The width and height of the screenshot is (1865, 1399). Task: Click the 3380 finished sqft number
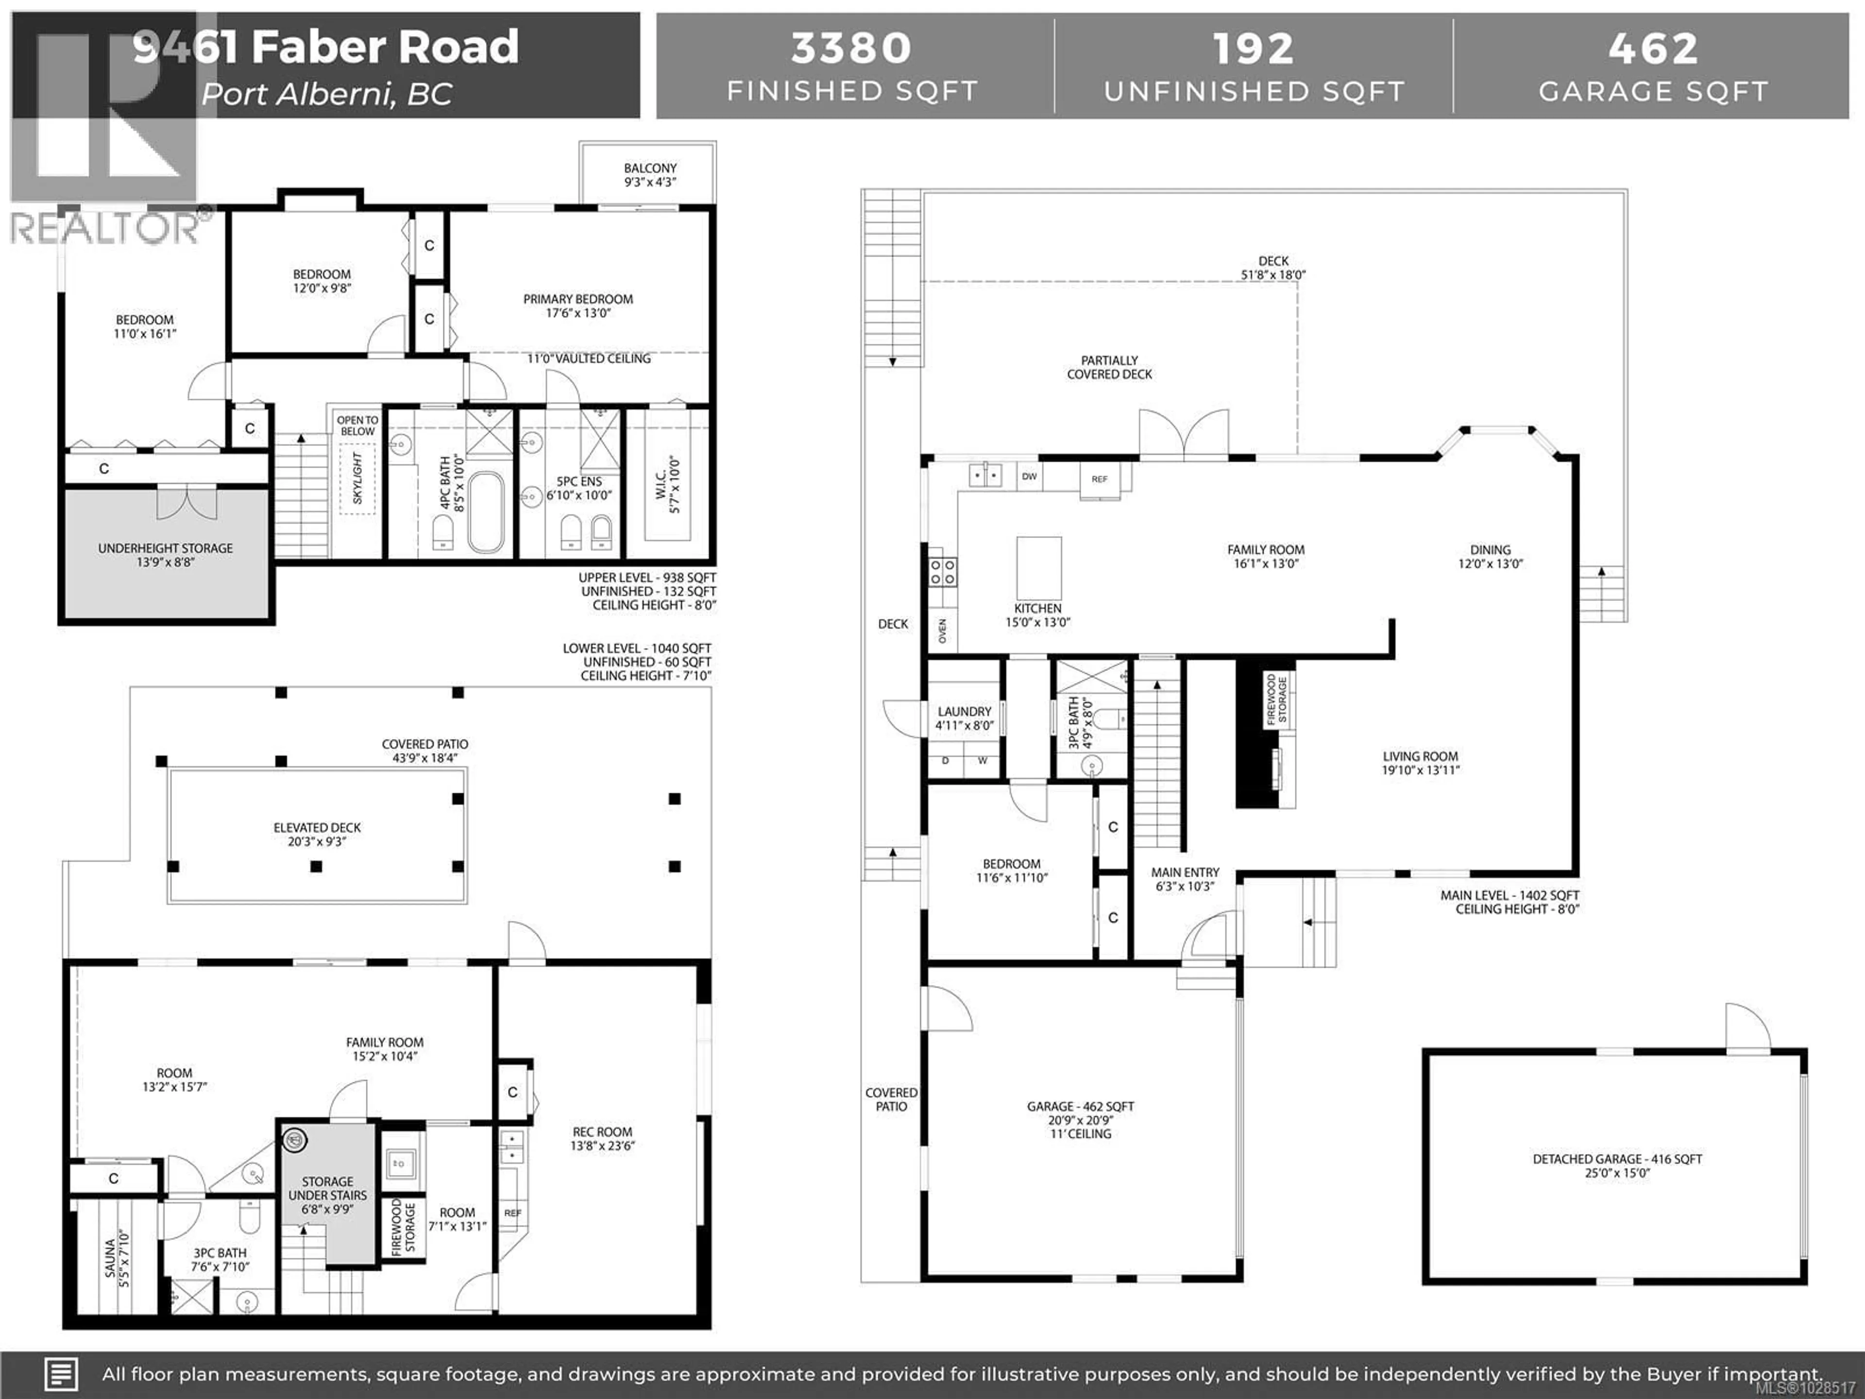pos(851,48)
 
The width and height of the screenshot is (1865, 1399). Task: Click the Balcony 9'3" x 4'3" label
pos(650,174)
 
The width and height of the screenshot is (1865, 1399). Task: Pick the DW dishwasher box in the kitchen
pos(1029,477)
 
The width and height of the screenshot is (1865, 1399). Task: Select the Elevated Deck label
pos(317,834)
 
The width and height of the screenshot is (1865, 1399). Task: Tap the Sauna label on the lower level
pos(117,1257)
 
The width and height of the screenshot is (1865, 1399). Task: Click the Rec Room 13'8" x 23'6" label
pos(602,1139)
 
